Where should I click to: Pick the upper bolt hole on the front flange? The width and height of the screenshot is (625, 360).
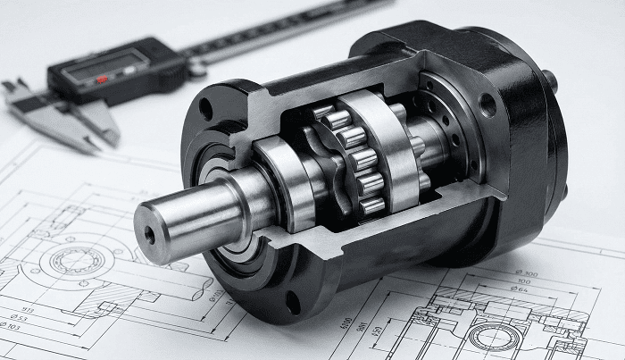point(206,111)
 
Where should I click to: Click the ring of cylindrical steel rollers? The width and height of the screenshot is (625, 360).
point(357,161)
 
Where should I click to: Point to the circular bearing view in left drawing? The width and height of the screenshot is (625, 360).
point(76,261)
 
